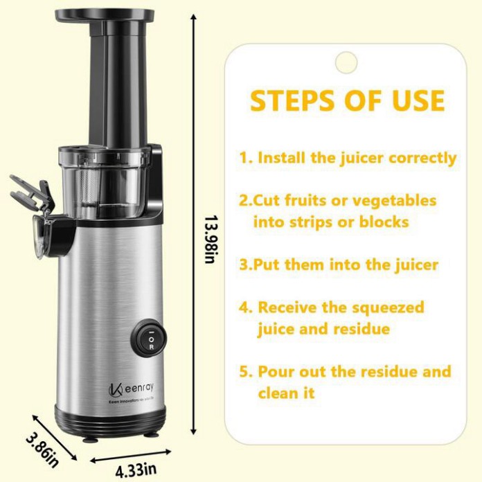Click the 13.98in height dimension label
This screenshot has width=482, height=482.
(x=211, y=239)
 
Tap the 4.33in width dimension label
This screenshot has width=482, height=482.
(x=136, y=470)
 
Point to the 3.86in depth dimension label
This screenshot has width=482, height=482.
(x=42, y=449)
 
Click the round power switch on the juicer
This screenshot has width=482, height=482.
(x=149, y=339)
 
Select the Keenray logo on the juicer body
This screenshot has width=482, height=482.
(x=131, y=389)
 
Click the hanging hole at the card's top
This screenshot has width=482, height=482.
(x=346, y=62)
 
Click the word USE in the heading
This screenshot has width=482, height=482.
(x=418, y=100)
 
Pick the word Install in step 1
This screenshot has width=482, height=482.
(x=282, y=158)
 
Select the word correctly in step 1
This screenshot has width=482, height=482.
(x=422, y=159)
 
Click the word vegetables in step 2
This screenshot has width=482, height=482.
(x=394, y=202)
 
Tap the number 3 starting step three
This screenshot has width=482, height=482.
(x=244, y=265)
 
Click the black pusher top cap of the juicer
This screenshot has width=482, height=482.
(x=105, y=15)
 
